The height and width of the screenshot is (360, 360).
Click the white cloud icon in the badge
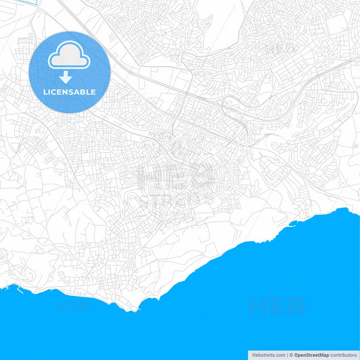click(70, 56)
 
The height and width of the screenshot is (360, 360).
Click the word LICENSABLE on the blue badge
click(70, 92)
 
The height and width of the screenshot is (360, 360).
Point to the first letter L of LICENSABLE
click(45, 92)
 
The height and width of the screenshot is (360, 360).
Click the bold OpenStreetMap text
click(311, 354)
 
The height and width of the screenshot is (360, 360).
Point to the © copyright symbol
click(290, 354)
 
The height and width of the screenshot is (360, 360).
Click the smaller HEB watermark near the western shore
click(74, 306)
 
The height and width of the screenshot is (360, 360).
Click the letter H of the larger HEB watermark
click(258, 307)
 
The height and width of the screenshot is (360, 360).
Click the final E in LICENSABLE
click(93, 92)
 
